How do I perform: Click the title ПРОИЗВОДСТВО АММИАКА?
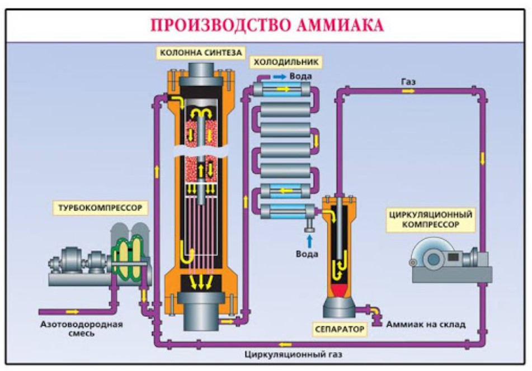pyautogui.click(x=266, y=26)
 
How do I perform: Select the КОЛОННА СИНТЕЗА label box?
pyautogui.click(x=200, y=53)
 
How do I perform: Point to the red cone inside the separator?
pyautogui.click(x=339, y=290)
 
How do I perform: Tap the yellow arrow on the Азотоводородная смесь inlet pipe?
pyautogui.click(x=72, y=311)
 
